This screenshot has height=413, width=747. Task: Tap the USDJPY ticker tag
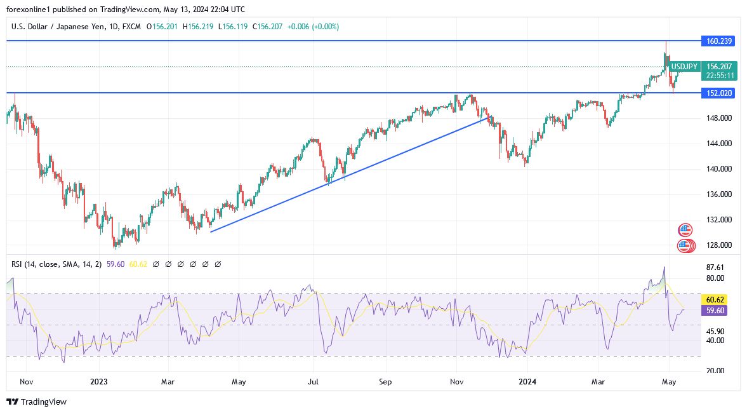point(685,67)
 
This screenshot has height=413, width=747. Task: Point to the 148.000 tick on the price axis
point(720,118)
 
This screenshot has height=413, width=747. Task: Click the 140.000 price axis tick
point(720,169)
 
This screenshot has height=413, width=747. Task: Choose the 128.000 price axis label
point(720,245)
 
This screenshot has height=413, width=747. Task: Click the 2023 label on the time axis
point(99,382)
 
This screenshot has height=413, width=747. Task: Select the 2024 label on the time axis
point(527,382)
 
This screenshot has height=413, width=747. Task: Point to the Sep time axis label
point(385,382)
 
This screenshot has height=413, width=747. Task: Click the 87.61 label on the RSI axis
point(715,267)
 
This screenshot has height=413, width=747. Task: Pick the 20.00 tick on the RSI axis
point(715,371)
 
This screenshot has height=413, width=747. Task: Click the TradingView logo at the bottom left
point(37,402)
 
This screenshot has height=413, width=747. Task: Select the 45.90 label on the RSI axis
point(715,332)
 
